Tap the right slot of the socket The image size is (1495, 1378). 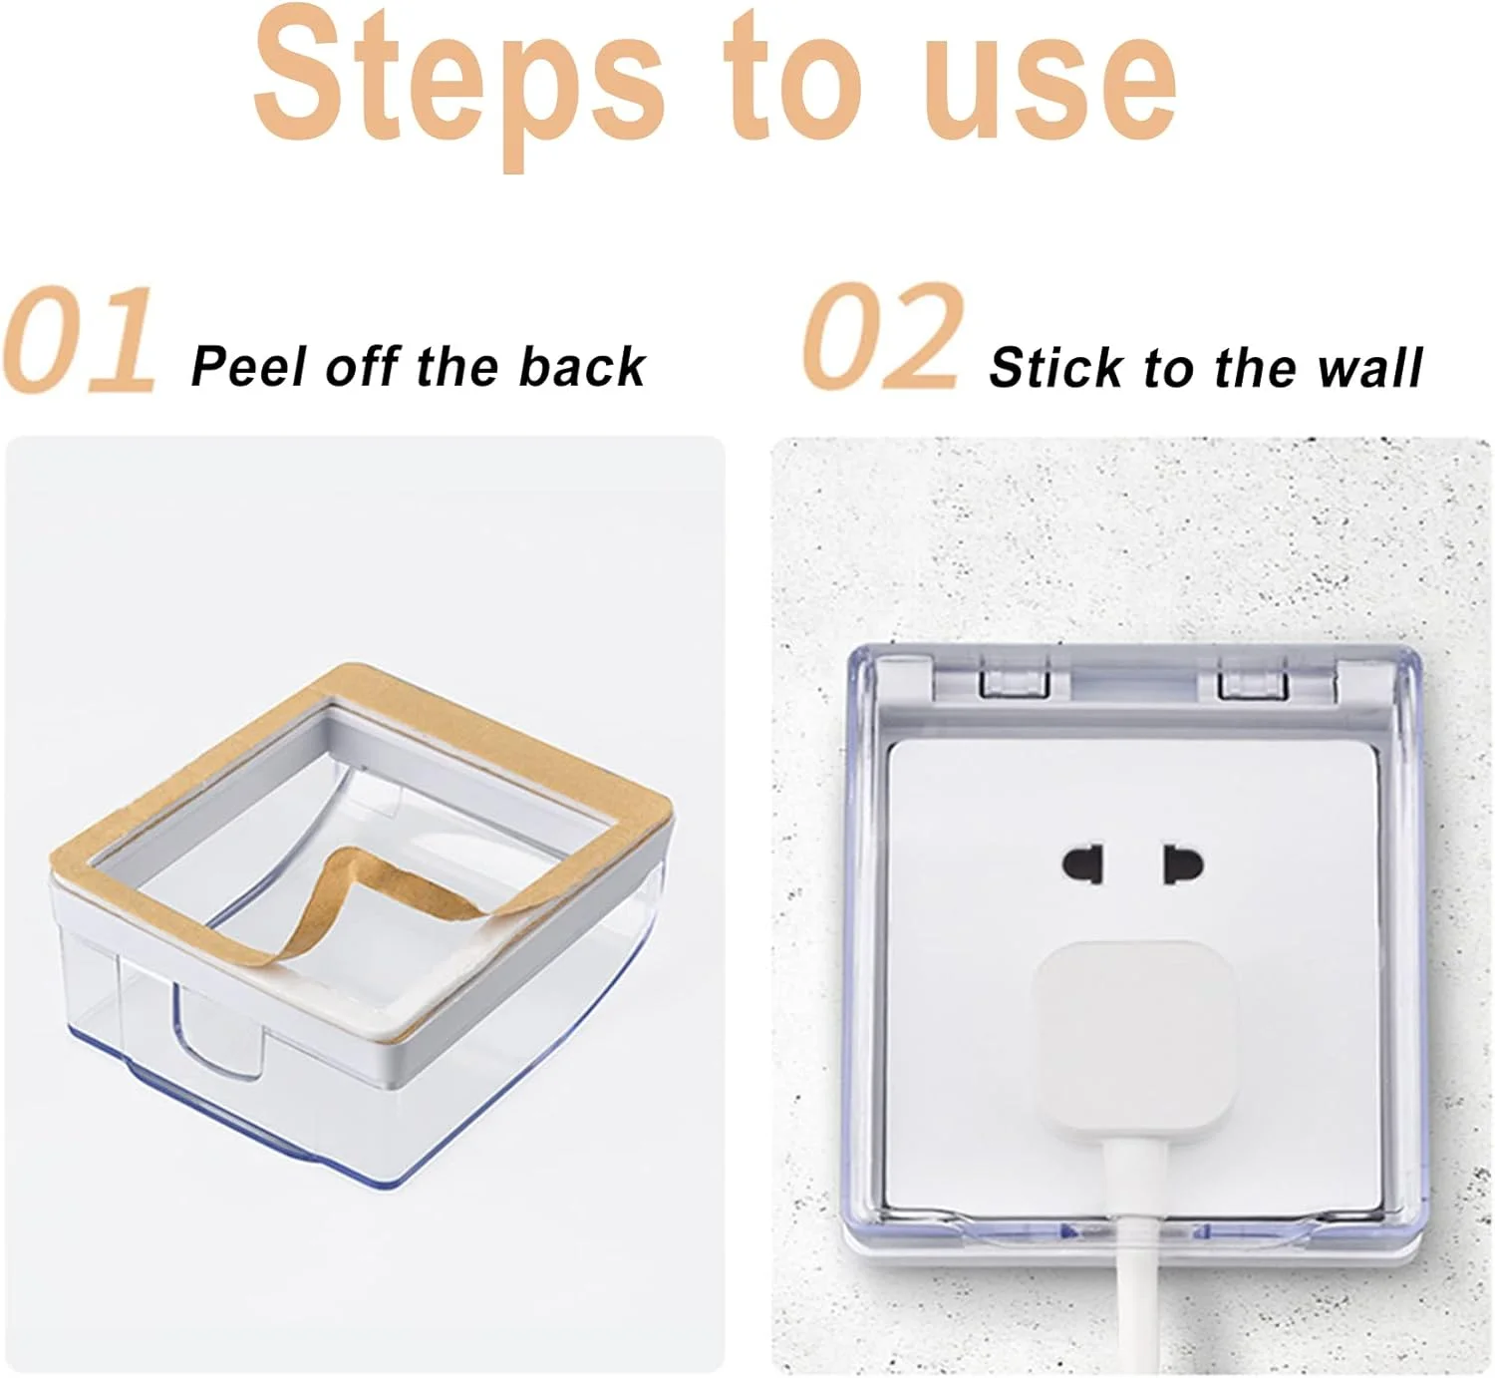point(1182,865)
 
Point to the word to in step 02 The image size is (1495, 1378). point(1167,368)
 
